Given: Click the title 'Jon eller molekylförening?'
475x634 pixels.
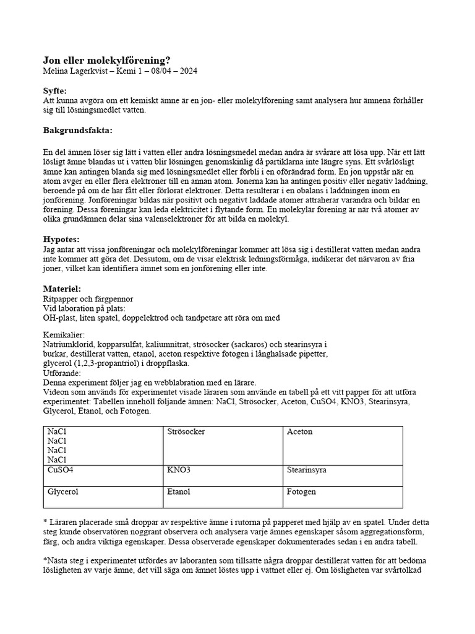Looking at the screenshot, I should [x=106, y=60].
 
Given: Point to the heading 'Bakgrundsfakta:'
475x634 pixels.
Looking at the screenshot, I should [x=78, y=131].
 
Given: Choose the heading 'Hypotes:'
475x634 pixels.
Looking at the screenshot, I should [x=61, y=239].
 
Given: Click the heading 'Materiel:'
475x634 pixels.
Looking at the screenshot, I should [x=62, y=289].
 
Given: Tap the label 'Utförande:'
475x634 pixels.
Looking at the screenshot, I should [x=62, y=374].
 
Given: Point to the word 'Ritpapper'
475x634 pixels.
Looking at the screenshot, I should [x=60, y=299].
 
